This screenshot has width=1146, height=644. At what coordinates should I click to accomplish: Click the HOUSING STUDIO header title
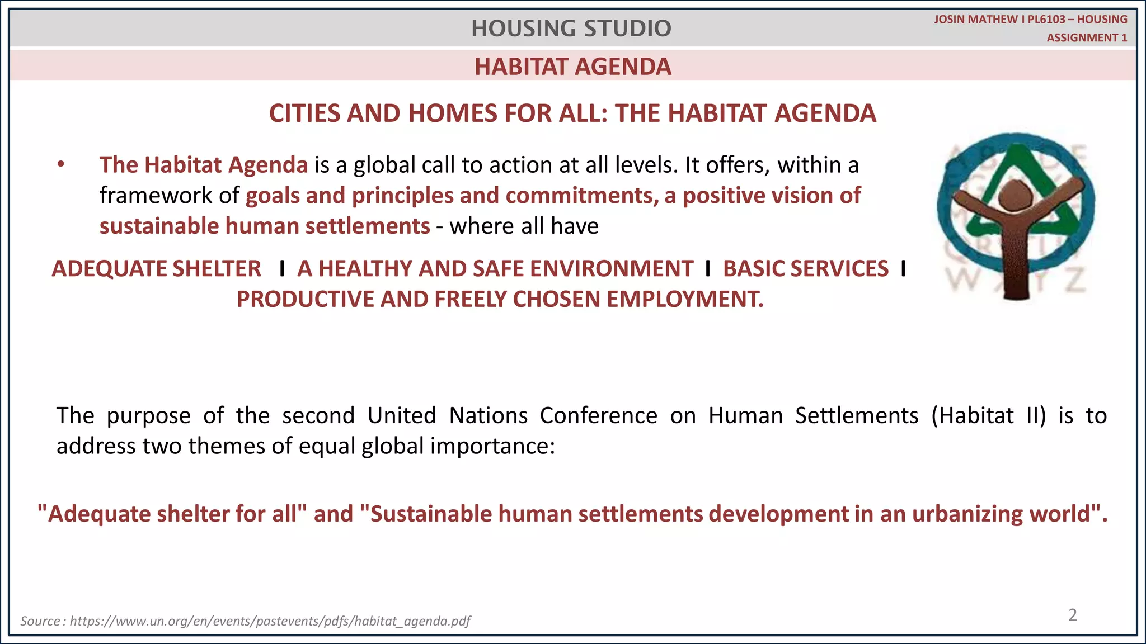571,29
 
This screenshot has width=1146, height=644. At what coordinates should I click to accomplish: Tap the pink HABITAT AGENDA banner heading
572,67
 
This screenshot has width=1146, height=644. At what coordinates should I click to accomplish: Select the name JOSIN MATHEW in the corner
975,20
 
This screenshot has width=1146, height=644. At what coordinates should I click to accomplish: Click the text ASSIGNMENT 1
1087,38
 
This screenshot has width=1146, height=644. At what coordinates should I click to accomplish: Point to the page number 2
1072,615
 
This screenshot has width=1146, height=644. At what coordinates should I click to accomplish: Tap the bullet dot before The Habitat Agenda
61,165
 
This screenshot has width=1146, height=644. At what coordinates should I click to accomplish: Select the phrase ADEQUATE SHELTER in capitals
156,269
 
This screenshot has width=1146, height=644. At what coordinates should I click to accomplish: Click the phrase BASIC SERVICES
805,269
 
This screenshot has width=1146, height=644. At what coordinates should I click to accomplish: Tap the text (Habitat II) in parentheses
988,416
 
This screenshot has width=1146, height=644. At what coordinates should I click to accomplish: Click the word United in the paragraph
401,416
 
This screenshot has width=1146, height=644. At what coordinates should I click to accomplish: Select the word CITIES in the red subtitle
304,113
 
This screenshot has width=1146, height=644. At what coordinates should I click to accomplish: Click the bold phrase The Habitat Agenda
204,165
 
